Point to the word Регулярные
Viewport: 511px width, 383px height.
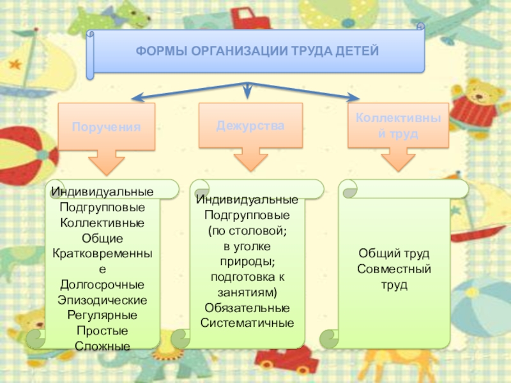pos(102,315)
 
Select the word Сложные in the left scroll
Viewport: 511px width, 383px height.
pos(102,346)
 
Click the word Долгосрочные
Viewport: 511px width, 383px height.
pos(102,284)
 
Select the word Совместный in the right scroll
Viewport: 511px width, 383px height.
pos(394,269)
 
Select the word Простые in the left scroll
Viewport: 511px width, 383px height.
pos(102,331)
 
